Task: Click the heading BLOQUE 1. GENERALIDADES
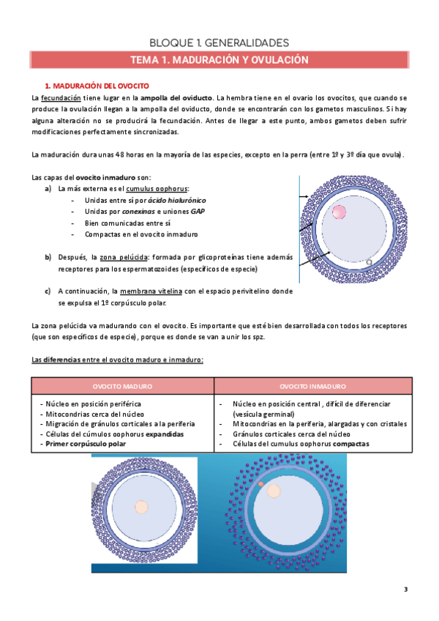(x=219, y=42)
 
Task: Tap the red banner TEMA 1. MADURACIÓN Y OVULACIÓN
(x=219, y=60)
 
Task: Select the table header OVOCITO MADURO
(x=123, y=386)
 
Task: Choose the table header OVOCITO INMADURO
(x=313, y=386)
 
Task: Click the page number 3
(x=406, y=590)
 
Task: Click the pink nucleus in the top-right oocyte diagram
(x=339, y=212)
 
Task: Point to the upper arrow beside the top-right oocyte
(x=303, y=198)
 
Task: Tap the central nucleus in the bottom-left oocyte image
(x=142, y=507)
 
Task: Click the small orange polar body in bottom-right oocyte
(x=260, y=484)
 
